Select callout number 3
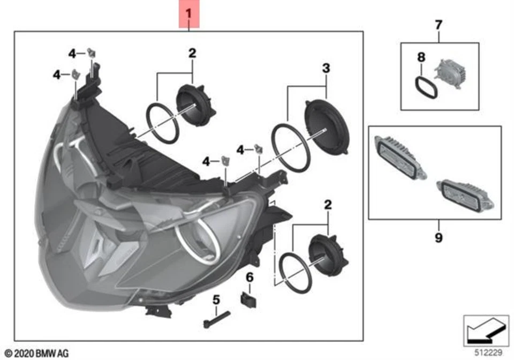tap(326, 69)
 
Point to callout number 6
tap(249, 277)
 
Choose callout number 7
tap(439, 24)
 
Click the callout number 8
tap(421, 56)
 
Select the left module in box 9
tap(399, 155)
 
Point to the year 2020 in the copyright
tap(23, 352)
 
